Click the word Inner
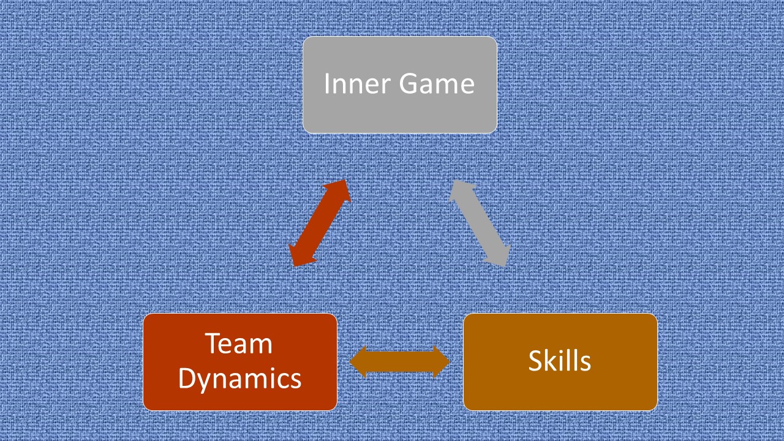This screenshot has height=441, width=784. [357, 83]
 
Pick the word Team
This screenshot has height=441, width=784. [239, 344]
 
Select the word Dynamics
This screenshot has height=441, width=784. [240, 379]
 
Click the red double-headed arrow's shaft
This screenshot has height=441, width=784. [320, 224]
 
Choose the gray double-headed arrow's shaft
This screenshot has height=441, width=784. [480, 224]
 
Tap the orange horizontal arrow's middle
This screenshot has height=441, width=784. [399, 361]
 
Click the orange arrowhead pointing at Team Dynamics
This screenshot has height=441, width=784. [358, 361]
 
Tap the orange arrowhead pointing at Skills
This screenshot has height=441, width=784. [441, 361]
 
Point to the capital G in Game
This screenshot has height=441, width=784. [408, 83]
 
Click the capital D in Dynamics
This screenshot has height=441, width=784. [187, 379]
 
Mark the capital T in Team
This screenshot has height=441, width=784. [212, 344]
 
